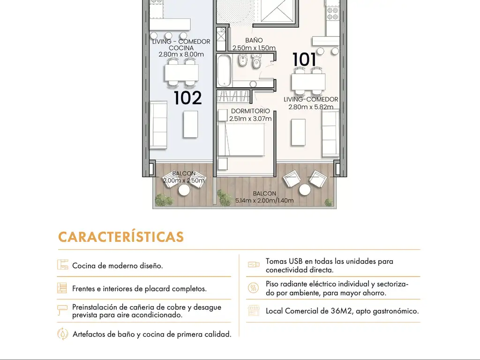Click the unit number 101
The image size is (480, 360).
(x=304, y=60)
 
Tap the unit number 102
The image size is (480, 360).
(x=187, y=97)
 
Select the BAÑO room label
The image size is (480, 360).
(x=254, y=40)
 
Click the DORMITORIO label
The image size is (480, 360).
(x=250, y=111)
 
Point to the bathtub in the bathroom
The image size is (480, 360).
(x=225, y=71)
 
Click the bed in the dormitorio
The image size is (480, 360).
(x=241, y=139)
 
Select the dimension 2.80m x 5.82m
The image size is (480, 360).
(x=311, y=107)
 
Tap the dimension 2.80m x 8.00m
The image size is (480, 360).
(x=181, y=54)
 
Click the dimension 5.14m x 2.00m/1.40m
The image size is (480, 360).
(x=264, y=201)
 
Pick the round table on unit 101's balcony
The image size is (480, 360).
(x=305, y=190)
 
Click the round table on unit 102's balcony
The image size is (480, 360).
(x=184, y=190)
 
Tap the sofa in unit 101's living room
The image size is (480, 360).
(x=330, y=134)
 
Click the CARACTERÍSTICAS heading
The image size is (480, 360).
(x=121, y=237)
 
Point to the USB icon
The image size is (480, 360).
(x=254, y=264)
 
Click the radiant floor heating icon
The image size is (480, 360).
(x=253, y=288)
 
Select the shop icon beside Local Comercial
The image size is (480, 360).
(x=254, y=310)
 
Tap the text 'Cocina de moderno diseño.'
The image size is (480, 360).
(x=118, y=265)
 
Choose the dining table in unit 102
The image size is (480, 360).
(x=181, y=73)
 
